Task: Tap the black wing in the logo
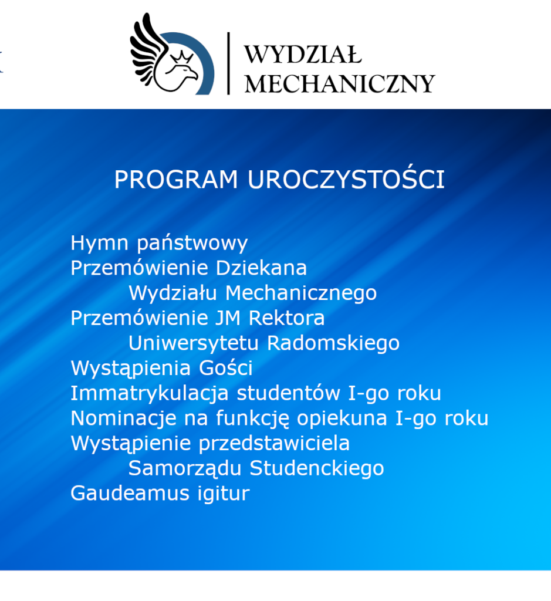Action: pos(147,48)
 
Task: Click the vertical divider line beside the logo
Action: pos(228,63)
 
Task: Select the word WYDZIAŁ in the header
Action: pos(303,55)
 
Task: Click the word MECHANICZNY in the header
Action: pos(340,83)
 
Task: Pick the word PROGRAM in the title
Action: pos(176,180)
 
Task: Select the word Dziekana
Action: pos(261,268)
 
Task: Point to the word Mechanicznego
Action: pos(301,293)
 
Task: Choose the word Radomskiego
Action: pos(333,343)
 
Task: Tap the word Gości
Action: pos(226,367)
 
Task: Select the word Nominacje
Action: pos(123,418)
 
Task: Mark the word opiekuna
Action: pos(342,418)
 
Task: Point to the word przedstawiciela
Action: pos(274,444)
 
